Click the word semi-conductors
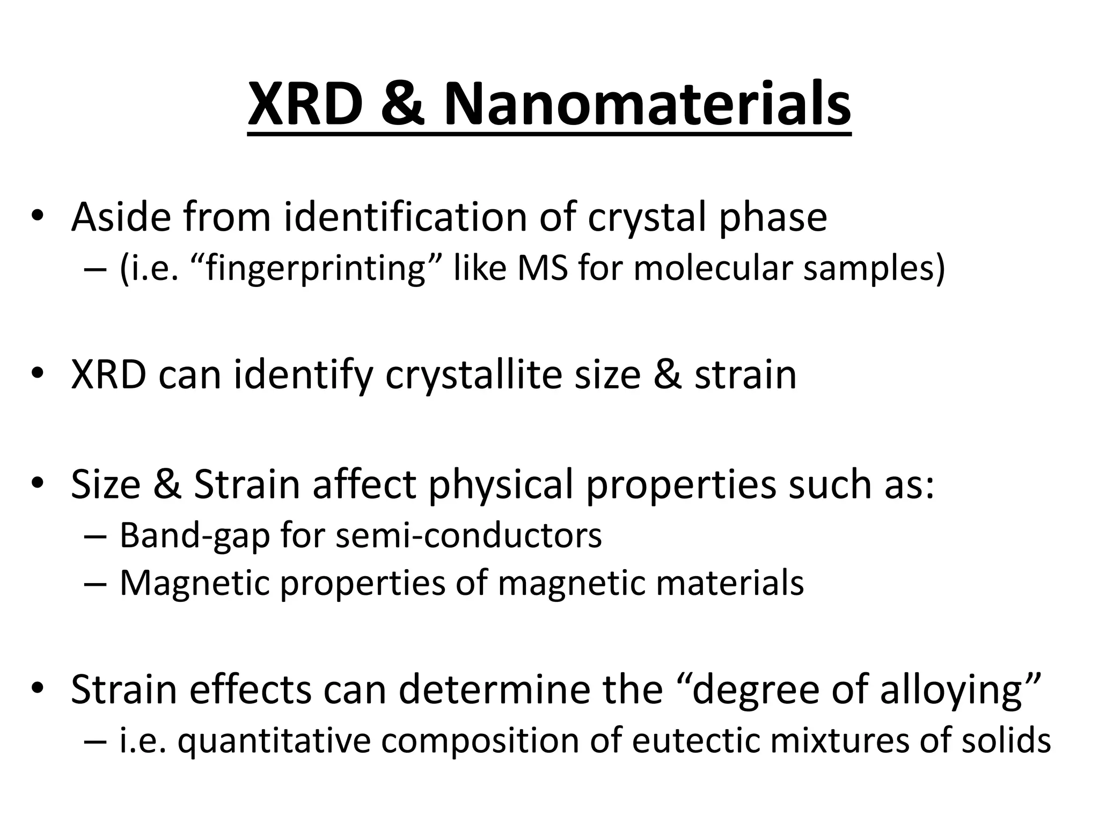[x=468, y=535]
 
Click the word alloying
[x=951, y=691]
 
